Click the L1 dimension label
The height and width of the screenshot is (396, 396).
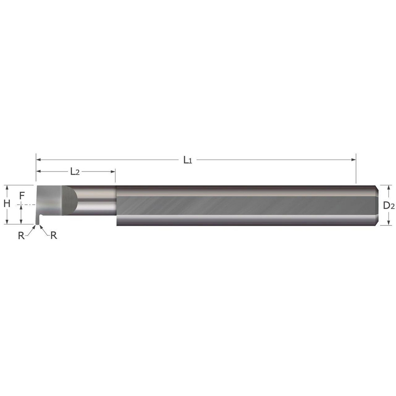[187, 160]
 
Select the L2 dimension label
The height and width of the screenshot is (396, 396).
[75, 171]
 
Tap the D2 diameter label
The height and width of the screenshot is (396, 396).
[389, 205]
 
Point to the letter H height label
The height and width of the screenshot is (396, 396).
[7, 204]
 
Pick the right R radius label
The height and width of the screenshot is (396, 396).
[53, 235]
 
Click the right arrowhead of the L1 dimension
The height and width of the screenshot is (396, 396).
[354, 160]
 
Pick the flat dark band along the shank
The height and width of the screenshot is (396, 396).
[246, 205]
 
